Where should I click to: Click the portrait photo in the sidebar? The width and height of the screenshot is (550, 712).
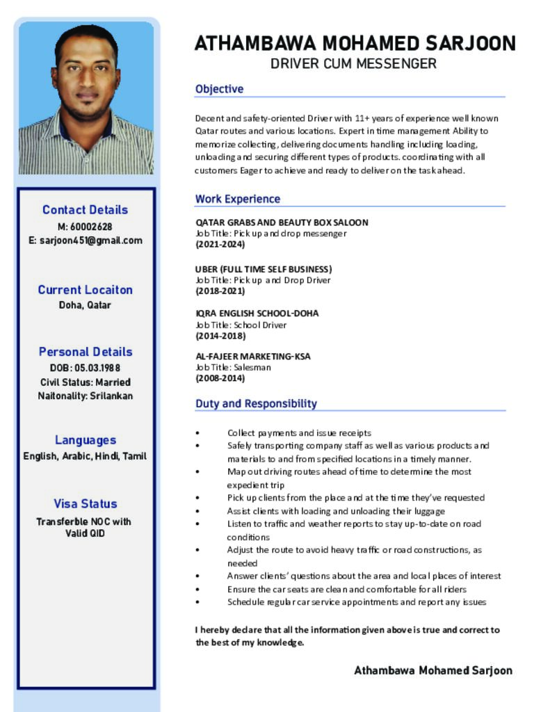[x=86, y=98]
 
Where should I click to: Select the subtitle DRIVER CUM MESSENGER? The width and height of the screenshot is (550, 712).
[x=353, y=64]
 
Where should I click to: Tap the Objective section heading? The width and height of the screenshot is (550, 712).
[x=219, y=89]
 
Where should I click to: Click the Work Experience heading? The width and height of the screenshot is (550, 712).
[x=237, y=199]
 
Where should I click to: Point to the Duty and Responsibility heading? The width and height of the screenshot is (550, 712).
[x=256, y=404]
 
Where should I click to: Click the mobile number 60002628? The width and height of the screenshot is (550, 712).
[x=90, y=227]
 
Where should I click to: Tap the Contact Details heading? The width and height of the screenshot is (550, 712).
[x=85, y=210]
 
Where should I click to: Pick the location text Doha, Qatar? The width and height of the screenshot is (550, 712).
[x=85, y=305]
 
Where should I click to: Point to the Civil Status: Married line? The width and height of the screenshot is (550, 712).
[x=85, y=382]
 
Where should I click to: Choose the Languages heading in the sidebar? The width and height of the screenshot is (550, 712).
[x=86, y=440]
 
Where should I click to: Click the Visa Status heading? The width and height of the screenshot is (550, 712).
[x=86, y=504]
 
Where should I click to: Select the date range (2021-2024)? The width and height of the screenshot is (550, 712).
[x=220, y=245]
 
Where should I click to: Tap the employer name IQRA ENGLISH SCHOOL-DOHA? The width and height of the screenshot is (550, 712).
[x=257, y=314]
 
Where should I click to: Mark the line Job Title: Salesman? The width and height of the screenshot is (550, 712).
[x=234, y=367]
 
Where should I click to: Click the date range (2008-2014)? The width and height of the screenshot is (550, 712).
[x=220, y=379]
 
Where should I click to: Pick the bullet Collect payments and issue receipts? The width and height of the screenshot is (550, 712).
[x=299, y=432]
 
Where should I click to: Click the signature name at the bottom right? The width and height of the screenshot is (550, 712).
[x=433, y=671]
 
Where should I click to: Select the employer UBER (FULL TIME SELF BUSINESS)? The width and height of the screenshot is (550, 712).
[x=264, y=269]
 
